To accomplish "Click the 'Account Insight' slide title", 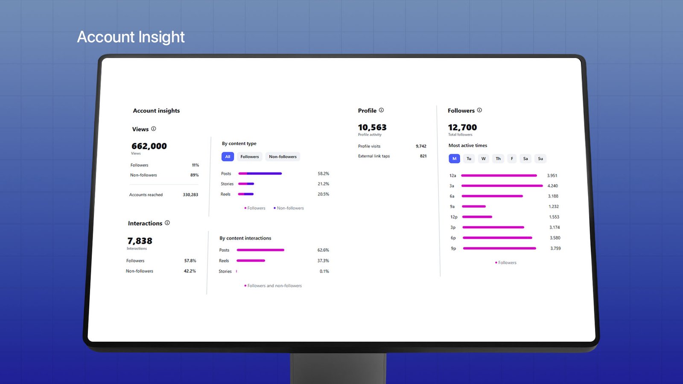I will (131, 37).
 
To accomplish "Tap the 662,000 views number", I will (149, 146).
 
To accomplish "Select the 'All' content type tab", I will (228, 157).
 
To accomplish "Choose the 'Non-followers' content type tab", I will (283, 157).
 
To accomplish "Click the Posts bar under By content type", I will (260, 174).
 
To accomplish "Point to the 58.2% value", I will (323, 174).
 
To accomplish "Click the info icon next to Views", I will (154, 128).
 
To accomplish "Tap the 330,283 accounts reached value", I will (190, 195).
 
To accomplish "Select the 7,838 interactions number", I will (140, 241).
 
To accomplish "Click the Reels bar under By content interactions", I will (251, 261).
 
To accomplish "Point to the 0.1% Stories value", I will (324, 271).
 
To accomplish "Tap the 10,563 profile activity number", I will (372, 127).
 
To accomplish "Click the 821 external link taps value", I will (423, 156).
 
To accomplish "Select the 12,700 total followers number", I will (462, 127).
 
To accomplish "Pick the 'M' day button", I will (454, 159).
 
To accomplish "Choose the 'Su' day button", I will (540, 159).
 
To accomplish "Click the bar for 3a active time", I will (502, 186).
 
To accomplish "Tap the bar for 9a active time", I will (474, 207).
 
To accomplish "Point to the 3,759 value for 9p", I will (555, 248).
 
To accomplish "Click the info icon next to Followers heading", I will (479, 110).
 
